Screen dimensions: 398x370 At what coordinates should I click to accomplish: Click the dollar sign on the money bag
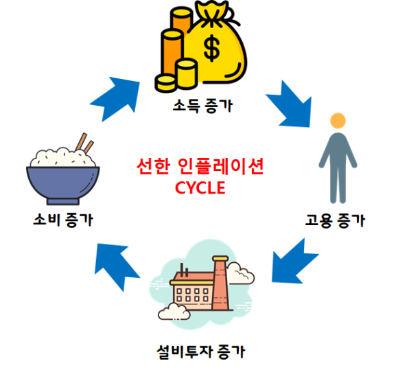click(211, 48)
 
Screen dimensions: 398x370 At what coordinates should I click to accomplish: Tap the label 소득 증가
click(202, 106)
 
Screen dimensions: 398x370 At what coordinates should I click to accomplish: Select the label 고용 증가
click(335, 220)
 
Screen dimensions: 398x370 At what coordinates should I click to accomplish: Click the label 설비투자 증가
click(201, 351)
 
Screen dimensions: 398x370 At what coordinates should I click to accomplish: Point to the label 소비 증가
click(63, 220)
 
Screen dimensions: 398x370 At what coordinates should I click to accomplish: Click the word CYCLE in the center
click(200, 188)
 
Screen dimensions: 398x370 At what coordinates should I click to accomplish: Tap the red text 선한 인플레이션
click(200, 166)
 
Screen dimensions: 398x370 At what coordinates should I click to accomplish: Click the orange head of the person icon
click(338, 121)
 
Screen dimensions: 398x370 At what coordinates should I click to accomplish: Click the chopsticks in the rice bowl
click(85, 143)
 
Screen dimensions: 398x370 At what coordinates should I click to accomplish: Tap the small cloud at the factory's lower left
click(174, 312)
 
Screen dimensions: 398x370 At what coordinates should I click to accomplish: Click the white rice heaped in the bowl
click(62, 158)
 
